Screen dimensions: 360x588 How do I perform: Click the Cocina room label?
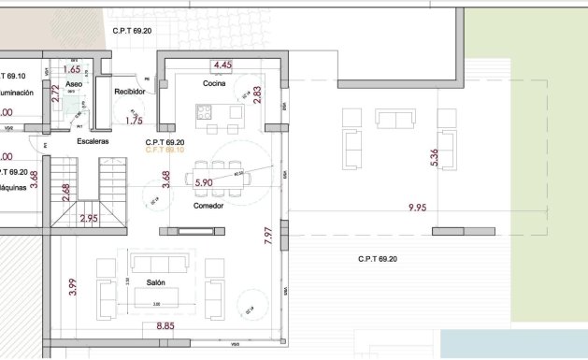(216, 84)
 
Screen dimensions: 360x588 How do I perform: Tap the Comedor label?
(208, 205)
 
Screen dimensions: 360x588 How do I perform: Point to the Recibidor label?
(129, 92)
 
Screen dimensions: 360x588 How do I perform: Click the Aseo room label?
(75, 83)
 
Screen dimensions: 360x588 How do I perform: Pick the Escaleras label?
(93, 141)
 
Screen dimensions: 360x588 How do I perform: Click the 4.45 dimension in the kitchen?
(222, 65)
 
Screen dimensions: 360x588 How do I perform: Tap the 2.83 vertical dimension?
(256, 97)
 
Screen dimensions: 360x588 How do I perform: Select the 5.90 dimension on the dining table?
(204, 182)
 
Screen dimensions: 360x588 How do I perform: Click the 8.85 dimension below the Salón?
(165, 325)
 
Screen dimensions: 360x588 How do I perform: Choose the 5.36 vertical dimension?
(433, 158)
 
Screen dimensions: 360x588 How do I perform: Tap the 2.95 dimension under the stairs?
(89, 219)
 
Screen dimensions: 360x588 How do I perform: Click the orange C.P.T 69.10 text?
(165, 150)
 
